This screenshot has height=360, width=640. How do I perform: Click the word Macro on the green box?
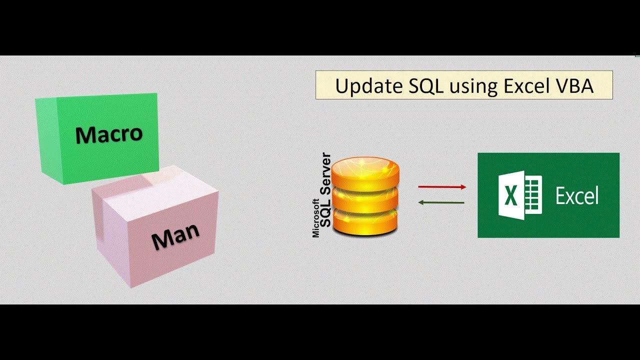109,134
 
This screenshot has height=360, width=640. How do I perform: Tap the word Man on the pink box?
175,236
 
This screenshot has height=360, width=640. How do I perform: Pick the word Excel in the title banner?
525,86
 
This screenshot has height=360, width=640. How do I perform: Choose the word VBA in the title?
574,86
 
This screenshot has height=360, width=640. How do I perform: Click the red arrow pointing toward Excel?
441,186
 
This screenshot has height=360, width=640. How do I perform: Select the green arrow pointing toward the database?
441,202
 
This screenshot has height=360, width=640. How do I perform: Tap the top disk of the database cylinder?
366,170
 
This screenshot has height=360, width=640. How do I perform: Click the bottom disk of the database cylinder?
366,222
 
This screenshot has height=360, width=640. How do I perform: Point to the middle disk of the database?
366,198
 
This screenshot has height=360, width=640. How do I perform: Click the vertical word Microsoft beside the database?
316,218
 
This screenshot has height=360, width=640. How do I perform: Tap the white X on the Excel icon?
510,195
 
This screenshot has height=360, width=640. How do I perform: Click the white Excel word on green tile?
577,196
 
